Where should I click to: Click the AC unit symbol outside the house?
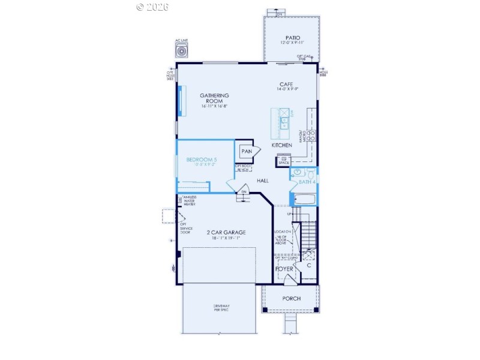point(181,50)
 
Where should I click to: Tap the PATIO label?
point(292,38)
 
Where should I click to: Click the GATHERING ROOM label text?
point(214,98)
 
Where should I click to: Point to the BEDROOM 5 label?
point(201,160)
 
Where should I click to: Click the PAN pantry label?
point(246,152)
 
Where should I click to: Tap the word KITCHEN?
point(281,146)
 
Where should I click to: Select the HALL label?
point(262,180)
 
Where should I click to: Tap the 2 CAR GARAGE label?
point(226,232)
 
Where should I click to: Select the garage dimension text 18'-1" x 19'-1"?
point(226,238)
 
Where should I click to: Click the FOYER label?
point(284,269)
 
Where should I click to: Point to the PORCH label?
point(291,298)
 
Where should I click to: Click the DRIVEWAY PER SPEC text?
point(221,308)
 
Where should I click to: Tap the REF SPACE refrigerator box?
point(283,161)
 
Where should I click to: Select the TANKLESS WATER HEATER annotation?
point(190,200)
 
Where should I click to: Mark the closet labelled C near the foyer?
point(309,265)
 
